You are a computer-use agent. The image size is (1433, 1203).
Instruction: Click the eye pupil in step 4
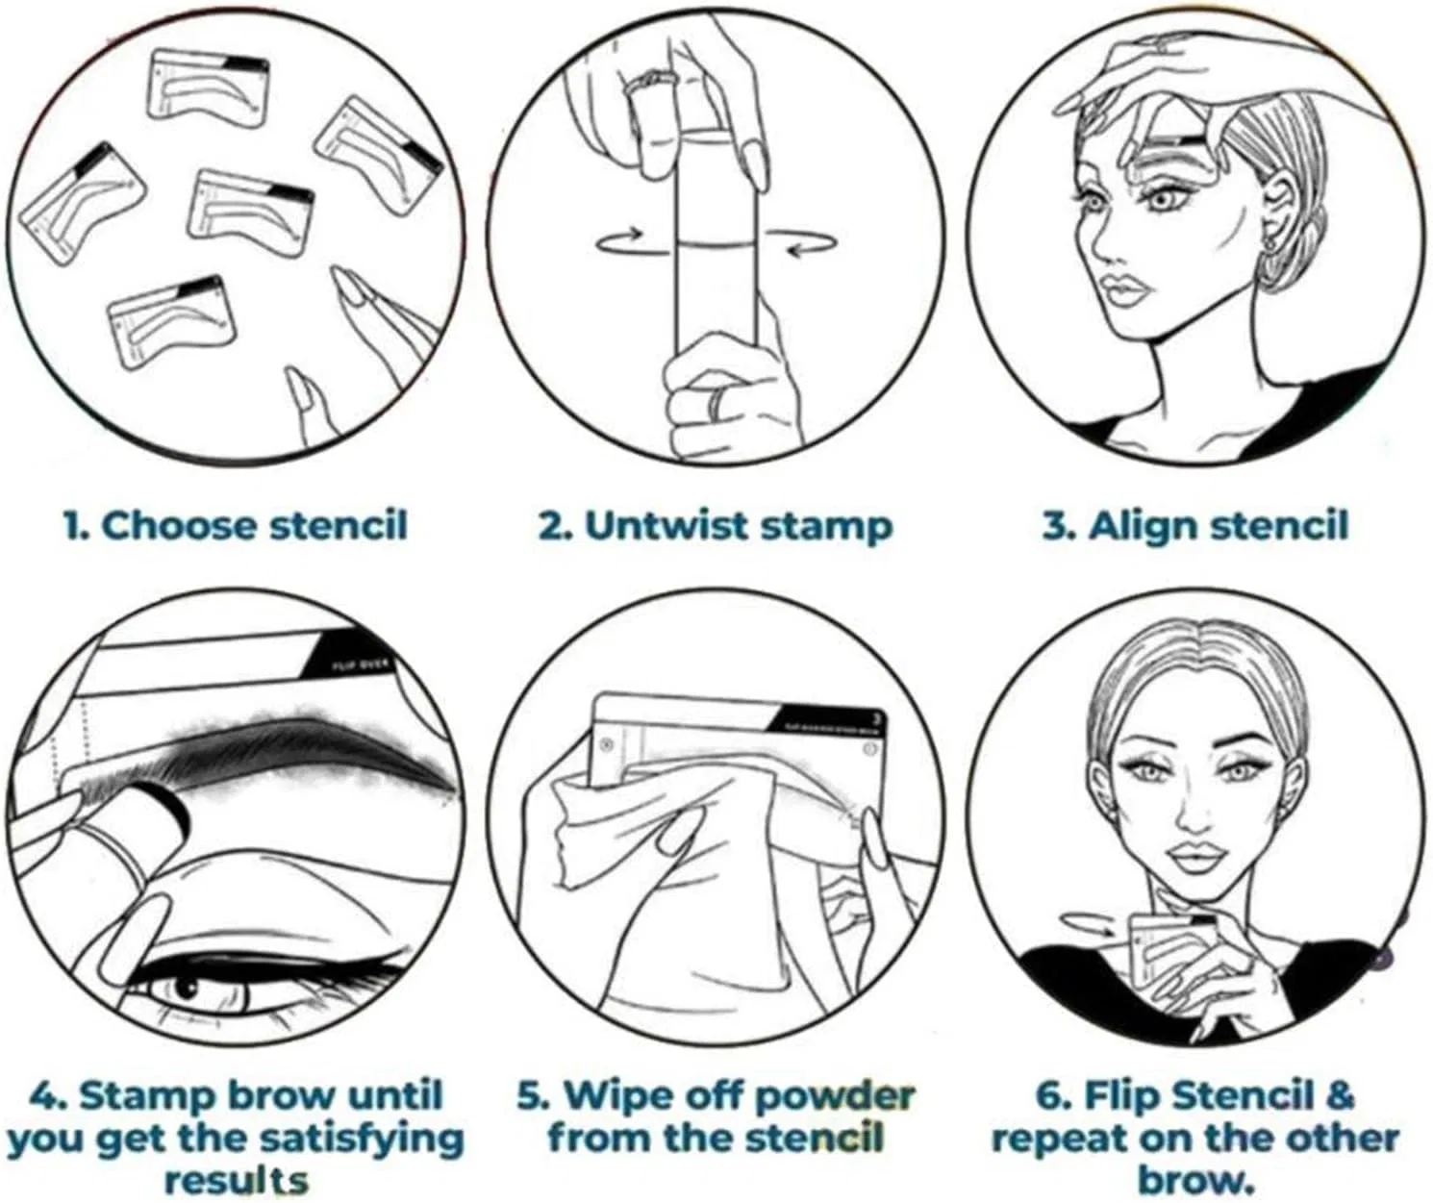pos(186,990)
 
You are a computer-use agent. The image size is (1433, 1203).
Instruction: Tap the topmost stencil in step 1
pos(209,88)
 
